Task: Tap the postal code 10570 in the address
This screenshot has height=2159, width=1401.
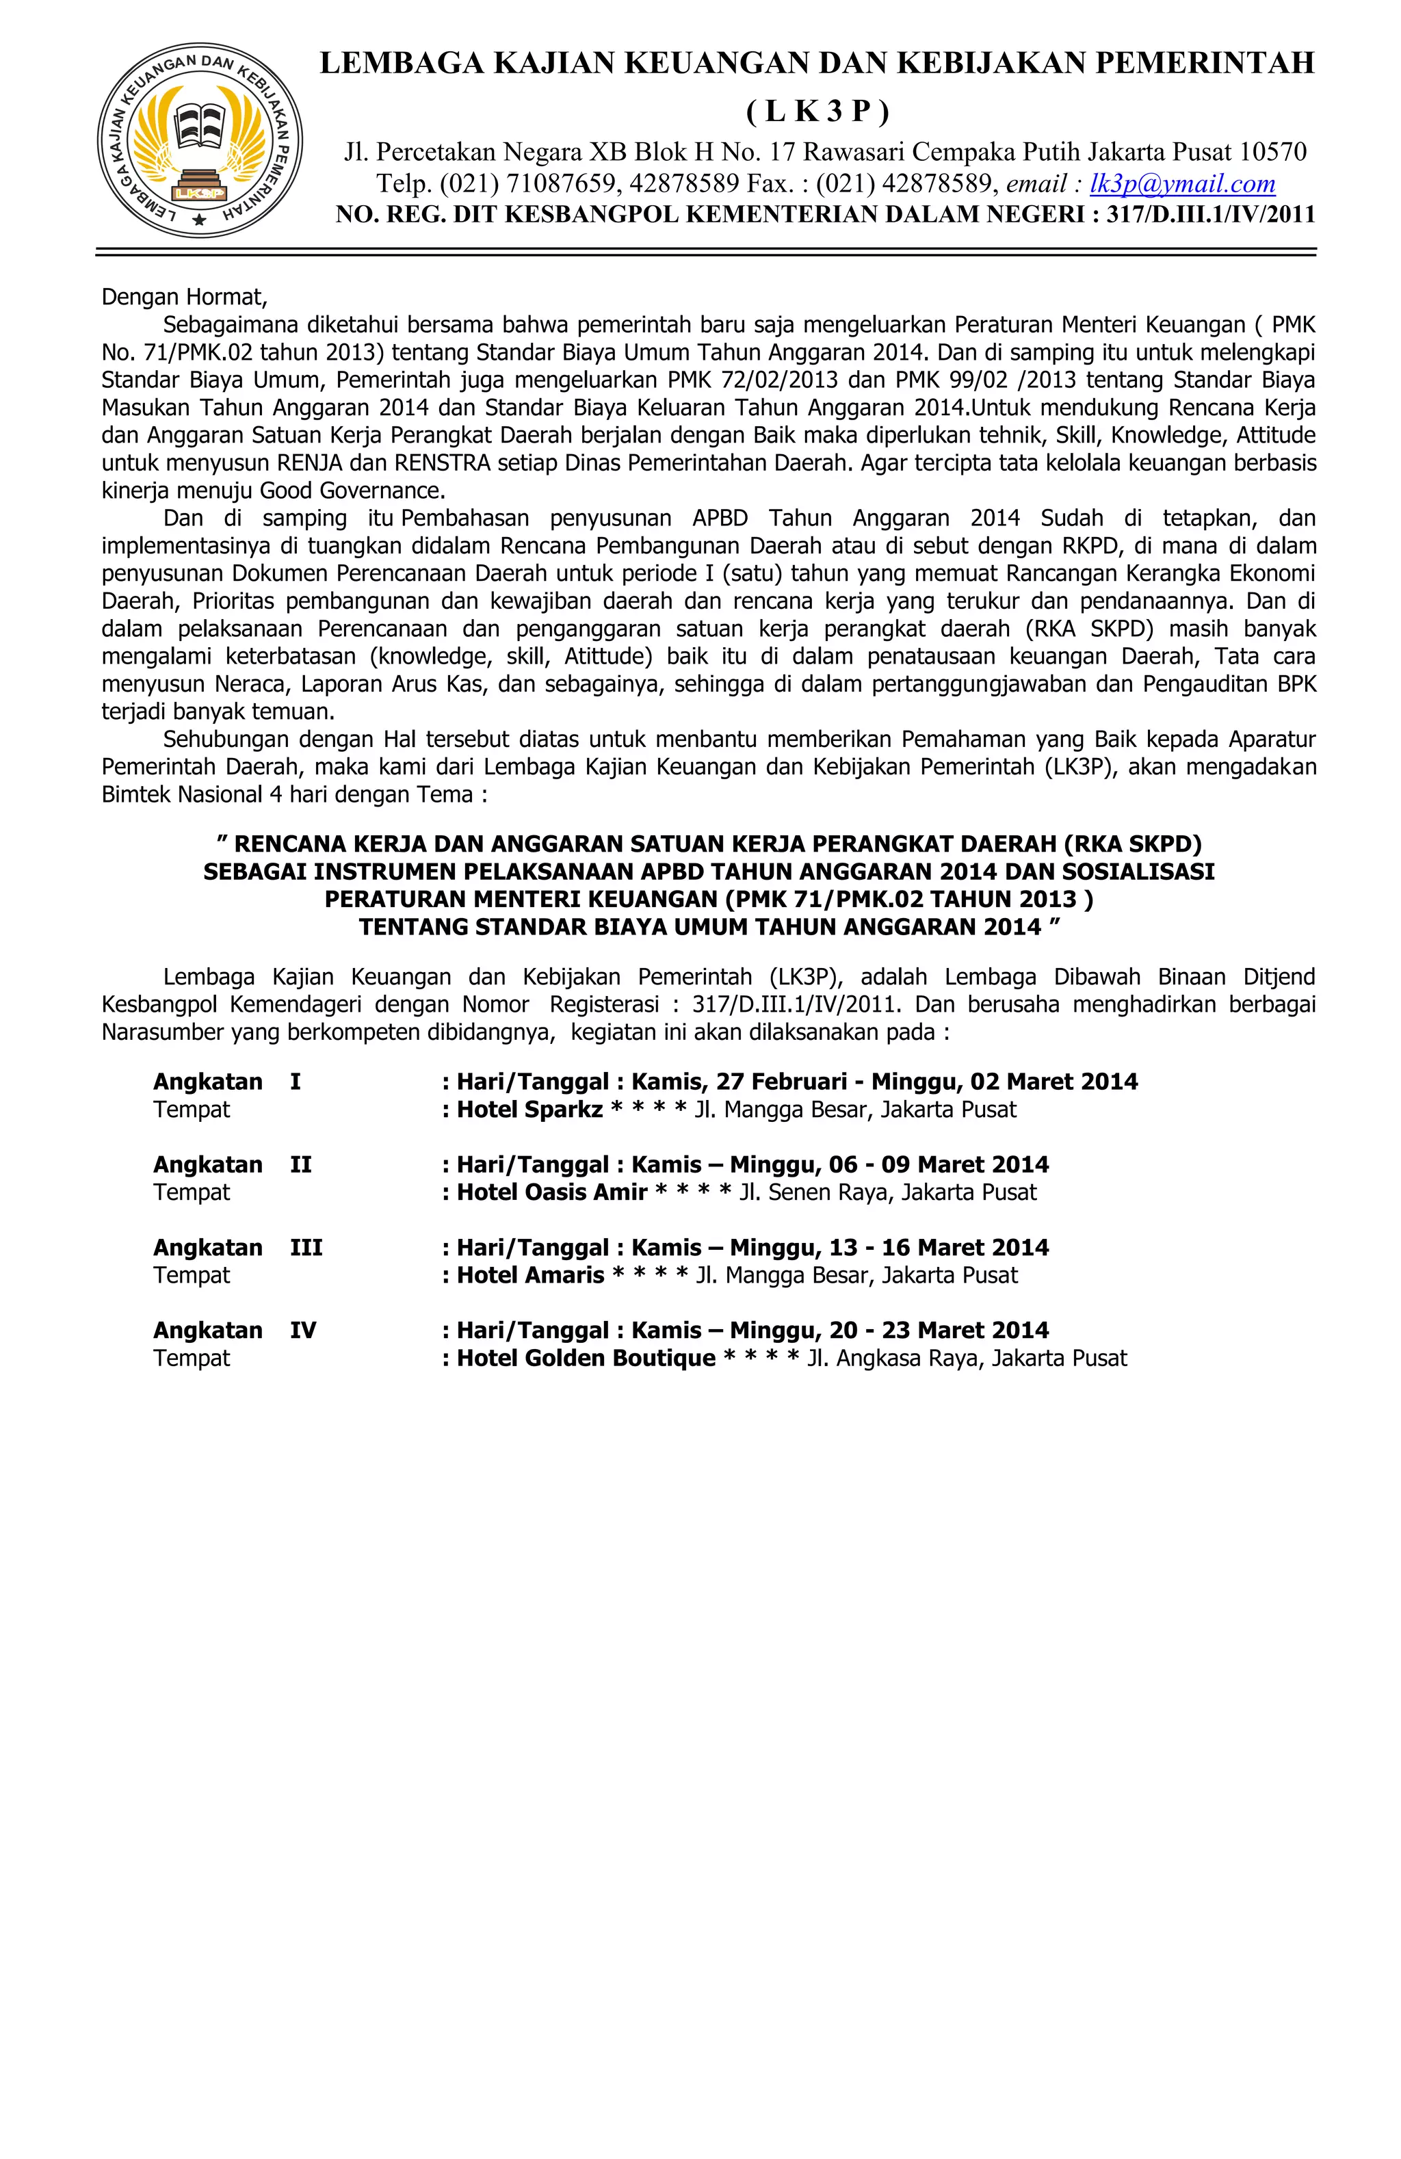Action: point(1273,151)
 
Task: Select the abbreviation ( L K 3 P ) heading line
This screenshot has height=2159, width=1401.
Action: point(817,111)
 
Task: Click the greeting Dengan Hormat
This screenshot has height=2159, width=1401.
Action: point(184,297)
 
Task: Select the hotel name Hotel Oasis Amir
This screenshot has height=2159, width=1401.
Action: point(551,1192)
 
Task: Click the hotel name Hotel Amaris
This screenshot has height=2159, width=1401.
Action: point(530,1274)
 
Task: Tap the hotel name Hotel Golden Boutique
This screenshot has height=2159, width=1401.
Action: point(586,1358)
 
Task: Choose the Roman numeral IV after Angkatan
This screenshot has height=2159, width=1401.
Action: point(303,1330)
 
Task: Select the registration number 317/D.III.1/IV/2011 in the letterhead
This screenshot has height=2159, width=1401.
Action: point(1210,215)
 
